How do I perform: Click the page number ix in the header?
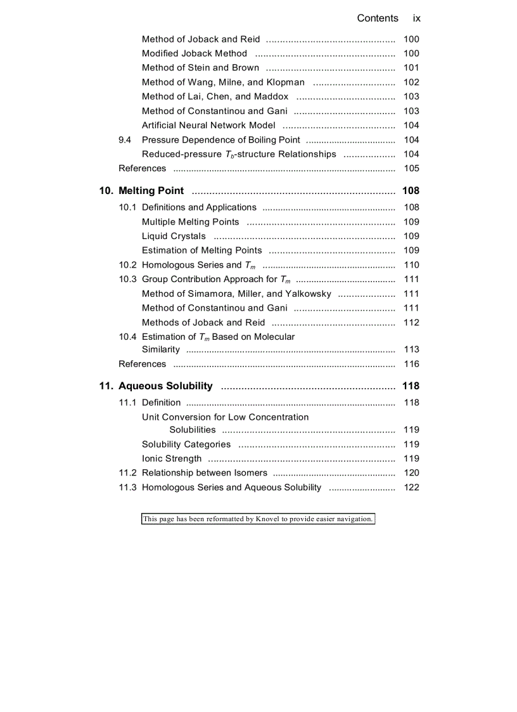pyautogui.click(x=416, y=18)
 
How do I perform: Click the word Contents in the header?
pyautogui.click(x=378, y=18)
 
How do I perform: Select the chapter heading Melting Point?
pyautogui.click(x=151, y=191)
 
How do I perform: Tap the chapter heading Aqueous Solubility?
pyautogui.click(x=165, y=386)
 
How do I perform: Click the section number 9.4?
pyautogui.click(x=125, y=139)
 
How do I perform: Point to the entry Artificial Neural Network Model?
pyautogui.click(x=208, y=126)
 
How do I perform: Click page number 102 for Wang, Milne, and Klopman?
pyautogui.click(x=411, y=82)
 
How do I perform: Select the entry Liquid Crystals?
pyautogui.click(x=174, y=236)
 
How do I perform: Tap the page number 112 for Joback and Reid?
pyautogui.click(x=411, y=323)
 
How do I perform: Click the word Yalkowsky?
pyautogui.click(x=308, y=294)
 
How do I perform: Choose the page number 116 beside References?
pyautogui.click(x=411, y=365)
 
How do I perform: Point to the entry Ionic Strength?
pyautogui.click(x=172, y=459)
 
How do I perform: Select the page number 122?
pyautogui.click(x=411, y=488)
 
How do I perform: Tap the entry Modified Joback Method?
pyautogui.click(x=195, y=54)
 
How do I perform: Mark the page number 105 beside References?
pyautogui.click(x=411, y=169)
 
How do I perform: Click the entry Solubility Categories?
pyautogui.click(x=186, y=444)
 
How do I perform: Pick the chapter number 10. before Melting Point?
pyautogui.click(x=106, y=191)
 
